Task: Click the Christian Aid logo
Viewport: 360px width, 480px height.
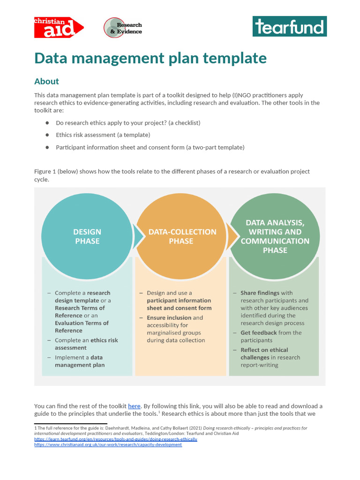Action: [x=58, y=27]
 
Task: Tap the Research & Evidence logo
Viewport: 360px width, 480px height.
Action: [x=122, y=28]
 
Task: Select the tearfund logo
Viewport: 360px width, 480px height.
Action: [x=289, y=27]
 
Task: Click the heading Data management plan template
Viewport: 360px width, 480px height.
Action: [x=150, y=58]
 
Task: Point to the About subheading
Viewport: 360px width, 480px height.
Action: [x=46, y=81]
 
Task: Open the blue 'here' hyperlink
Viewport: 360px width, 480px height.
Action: [x=134, y=406]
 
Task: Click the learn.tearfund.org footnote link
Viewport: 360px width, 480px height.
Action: [x=116, y=439]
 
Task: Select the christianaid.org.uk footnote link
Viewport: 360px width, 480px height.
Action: [x=108, y=445]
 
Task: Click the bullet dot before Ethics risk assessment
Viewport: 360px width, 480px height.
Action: [x=47, y=135]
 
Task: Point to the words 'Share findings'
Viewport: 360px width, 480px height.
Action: [x=260, y=293]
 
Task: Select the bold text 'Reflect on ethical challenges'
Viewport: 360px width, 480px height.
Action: [x=264, y=353]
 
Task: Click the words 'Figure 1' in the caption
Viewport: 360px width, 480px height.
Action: [x=45, y=172]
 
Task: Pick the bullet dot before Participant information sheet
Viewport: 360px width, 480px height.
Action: [x=47, y=147]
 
